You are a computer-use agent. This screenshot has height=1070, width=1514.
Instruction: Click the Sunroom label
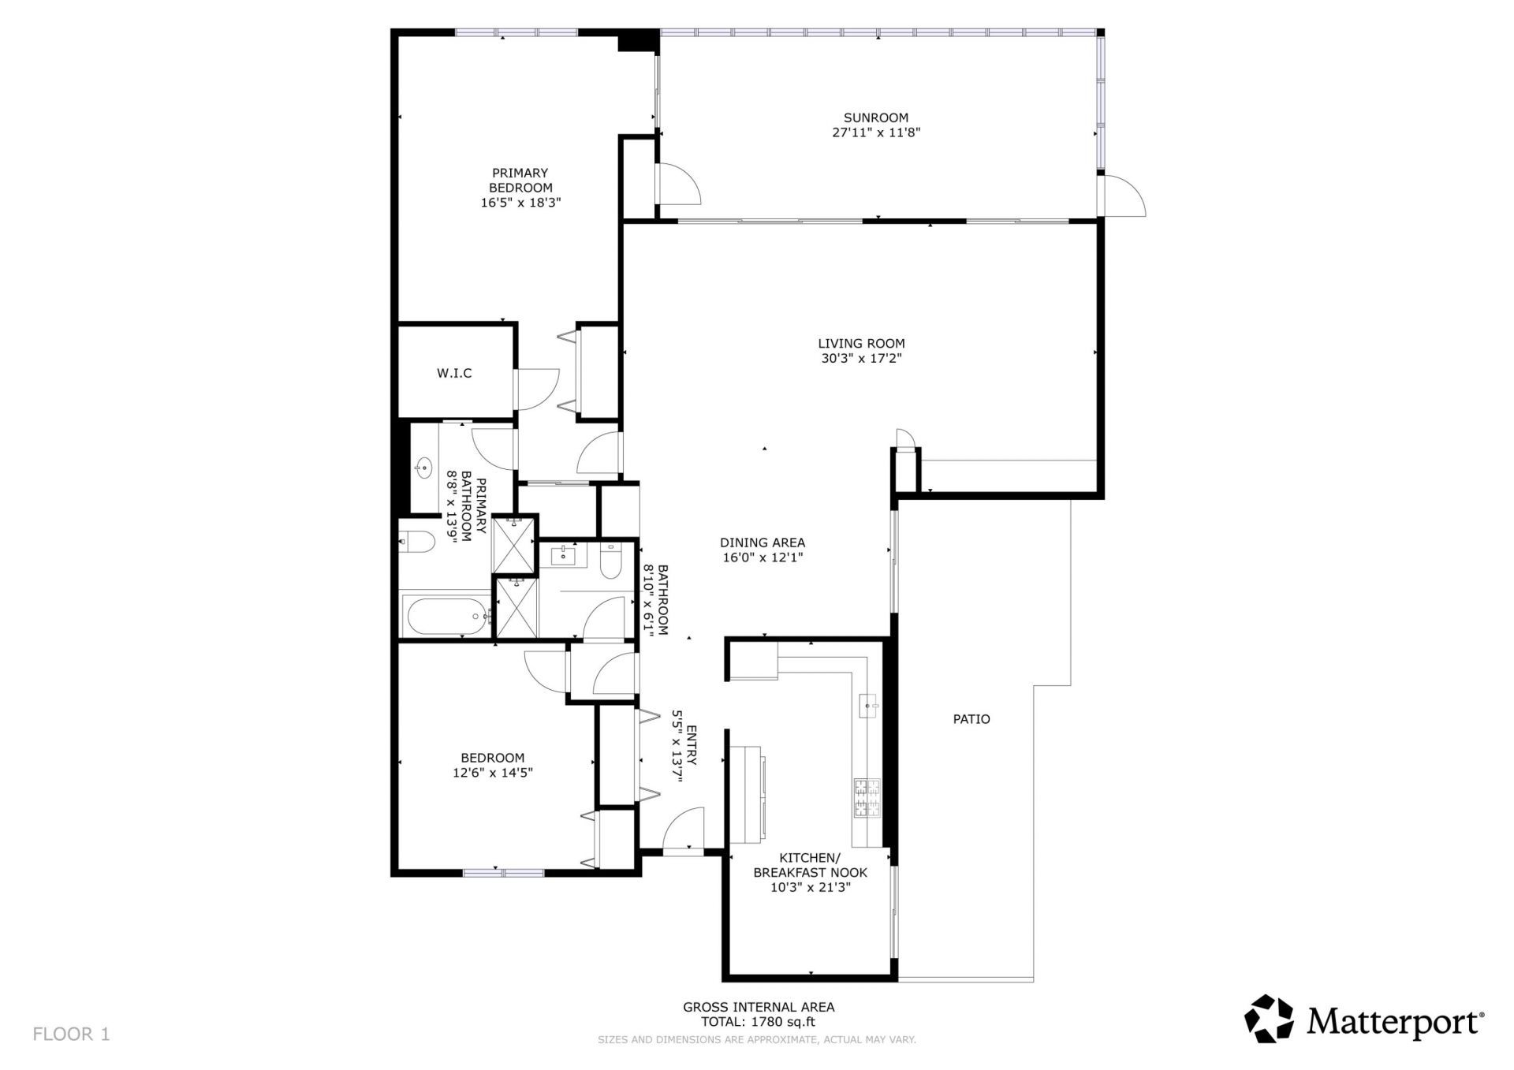[x=876, y=118]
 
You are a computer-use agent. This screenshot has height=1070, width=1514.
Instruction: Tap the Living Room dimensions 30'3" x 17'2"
[x=860, y=359]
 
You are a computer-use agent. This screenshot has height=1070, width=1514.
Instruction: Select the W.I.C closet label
[x=454, y=373]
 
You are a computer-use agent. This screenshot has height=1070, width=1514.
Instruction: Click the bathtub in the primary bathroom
[x=446, y=616]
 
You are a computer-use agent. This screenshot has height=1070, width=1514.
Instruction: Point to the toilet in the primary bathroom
[x=416, y=542]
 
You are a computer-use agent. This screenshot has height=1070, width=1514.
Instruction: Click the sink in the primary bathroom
[x=423, y=468]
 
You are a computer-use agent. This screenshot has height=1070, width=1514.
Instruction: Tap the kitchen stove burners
[x=867, y=797]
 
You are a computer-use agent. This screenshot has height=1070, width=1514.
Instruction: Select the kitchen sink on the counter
[x=869, y=706]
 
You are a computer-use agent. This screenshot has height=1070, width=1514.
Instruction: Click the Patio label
[x=971, y=719]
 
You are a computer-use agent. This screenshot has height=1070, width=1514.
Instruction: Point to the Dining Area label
[x=763, y=542]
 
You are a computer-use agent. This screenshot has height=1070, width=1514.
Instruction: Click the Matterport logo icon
[x=1269, y=1019]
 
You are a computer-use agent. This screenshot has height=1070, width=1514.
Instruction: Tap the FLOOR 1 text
[x=71, y=1034]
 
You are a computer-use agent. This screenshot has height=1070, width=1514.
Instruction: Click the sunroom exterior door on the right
[x=1124, y=196]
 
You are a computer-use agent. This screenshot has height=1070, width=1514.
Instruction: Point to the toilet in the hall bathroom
[x=612, y=561]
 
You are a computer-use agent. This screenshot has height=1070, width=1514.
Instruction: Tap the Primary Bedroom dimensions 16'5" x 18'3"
[x=520, y=203]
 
